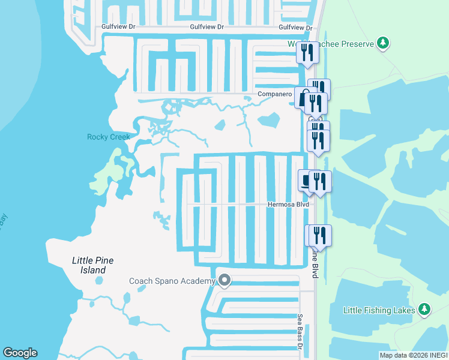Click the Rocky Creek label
(x=109, y=137)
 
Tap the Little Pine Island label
(x=92, y=265)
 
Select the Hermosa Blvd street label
(x=288, y=205)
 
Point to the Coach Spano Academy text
(x=172, y=281)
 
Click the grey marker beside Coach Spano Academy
(x=224, y=280)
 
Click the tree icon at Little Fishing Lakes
(x=425, y=309)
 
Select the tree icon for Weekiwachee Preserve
(x=382, y=43)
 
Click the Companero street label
(x=274, y=94)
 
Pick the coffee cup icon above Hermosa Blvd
(x=306, y=180)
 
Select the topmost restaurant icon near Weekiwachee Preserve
(x=307, y=52)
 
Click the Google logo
(x=20, y=353)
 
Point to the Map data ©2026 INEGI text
(x=413, y=355)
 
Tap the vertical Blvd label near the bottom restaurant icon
(x=314, y=265)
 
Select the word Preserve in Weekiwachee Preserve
(x=355, y=44)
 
